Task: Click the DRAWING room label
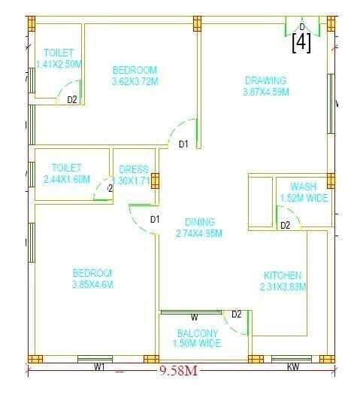click(265, 81)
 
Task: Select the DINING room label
click(200, 222)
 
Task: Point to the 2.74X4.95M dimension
click(200, 233)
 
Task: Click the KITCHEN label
click(283, 275)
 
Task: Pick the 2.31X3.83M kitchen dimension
click(283, 287)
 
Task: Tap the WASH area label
click(304, 187)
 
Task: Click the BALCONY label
click(198, 333)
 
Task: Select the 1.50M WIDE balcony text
click(198, 344)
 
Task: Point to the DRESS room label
click(134, 169)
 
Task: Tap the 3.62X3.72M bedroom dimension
click(135, 81)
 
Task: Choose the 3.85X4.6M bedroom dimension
click(92, 284)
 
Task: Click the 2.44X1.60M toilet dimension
click(66, 179)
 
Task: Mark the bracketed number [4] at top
click(301, 42)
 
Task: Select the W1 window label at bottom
click(99, 367)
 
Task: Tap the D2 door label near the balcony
click(236, 314)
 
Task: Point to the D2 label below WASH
click(286, 225)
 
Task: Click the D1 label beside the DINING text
click(155, 220)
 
